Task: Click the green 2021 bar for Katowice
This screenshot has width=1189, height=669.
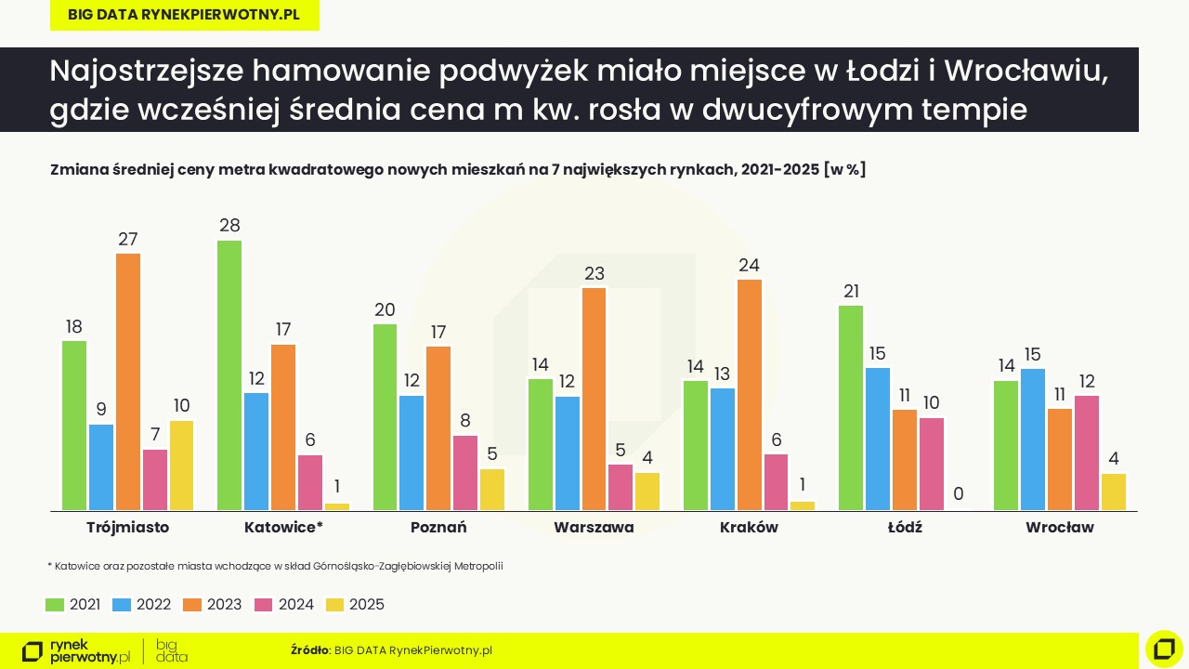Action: (229, 375)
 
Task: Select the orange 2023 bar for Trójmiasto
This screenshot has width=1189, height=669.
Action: (128, 382)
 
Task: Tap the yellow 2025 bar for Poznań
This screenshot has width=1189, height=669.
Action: (492, 490)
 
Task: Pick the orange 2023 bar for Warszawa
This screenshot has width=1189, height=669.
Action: (594, 400)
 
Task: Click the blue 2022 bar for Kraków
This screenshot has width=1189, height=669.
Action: (723, 450)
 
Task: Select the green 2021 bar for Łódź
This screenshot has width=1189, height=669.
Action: (851, 408)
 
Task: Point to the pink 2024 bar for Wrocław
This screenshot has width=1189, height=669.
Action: (1087, 453)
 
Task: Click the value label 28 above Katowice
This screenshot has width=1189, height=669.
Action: (229, 226)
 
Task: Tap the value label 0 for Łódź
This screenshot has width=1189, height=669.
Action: (958, 494)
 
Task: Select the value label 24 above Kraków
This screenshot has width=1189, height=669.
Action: (749, 265)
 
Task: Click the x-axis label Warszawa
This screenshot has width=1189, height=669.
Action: (594, 528)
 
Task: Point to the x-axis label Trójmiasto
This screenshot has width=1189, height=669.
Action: (127, 528)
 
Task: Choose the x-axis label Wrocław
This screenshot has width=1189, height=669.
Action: (1060, 528)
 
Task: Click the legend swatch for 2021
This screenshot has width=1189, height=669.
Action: (55, 605)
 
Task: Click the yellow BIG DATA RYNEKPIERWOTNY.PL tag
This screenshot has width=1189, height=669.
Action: (184, 15)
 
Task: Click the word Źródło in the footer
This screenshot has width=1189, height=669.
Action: (309, 650)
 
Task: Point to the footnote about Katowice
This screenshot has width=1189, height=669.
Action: (275, 565)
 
